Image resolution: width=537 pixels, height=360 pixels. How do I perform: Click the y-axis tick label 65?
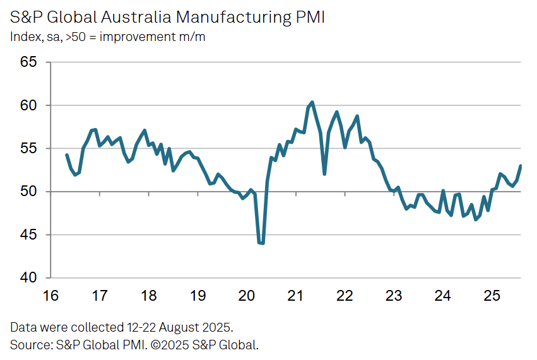[x=28, y=62]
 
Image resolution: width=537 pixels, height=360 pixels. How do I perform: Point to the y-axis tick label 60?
[x=28, y=105]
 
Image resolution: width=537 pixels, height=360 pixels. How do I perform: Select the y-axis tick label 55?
[x=28, y=148]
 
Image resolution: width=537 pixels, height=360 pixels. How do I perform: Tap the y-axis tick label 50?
[x=28, y=191]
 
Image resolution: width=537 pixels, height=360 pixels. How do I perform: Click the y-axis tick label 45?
[x=28, y=235]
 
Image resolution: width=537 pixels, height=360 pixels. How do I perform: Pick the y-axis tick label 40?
[x=28, y=277]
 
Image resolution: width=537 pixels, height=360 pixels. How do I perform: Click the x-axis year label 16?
[x=50, y=296]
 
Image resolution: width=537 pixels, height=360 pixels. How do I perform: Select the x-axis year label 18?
[x=148, y=296]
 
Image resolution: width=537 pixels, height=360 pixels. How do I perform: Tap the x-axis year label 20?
[x=247, y=296]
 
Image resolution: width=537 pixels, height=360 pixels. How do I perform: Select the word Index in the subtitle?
[x=24, y=37]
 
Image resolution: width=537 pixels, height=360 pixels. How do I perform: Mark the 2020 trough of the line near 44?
[x=261, y=243]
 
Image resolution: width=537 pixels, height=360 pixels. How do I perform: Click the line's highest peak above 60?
[x=312, y=102]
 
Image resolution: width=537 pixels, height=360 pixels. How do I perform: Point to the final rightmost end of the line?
[x=521, y=166]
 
